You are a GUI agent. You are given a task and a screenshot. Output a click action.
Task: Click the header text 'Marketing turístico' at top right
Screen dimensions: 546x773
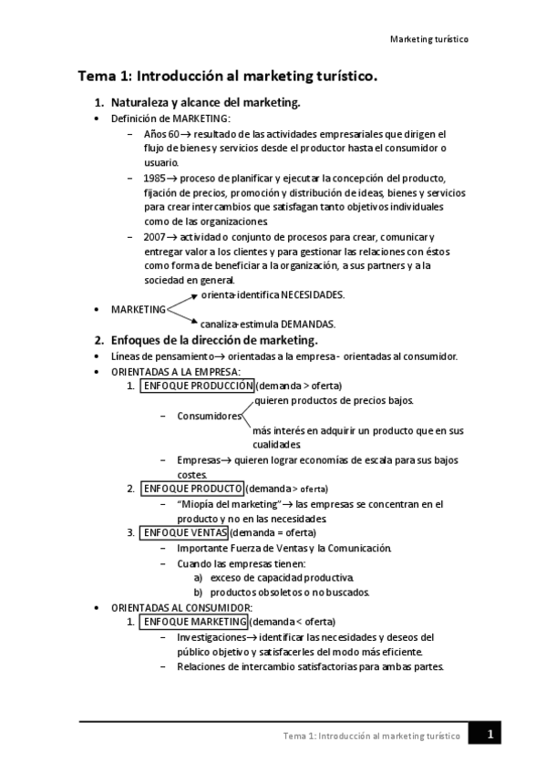428,41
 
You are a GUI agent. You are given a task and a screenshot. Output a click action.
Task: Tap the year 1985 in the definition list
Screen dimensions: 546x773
154,179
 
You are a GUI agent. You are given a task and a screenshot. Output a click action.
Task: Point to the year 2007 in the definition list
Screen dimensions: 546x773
154,236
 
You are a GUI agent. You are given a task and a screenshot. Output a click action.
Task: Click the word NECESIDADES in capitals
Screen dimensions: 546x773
313,295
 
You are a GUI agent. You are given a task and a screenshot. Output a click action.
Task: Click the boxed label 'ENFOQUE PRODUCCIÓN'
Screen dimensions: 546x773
196,386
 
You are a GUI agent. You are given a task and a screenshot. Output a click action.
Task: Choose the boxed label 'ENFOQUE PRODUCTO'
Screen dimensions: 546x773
191,489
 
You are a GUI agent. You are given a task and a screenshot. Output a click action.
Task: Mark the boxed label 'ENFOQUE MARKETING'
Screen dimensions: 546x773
195,622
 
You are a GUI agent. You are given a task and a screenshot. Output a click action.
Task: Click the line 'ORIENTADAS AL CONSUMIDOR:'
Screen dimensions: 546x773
181,607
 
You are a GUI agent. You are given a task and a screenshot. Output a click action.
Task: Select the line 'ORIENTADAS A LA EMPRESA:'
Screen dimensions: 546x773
176,372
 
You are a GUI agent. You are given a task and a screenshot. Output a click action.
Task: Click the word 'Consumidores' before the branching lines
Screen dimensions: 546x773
210,417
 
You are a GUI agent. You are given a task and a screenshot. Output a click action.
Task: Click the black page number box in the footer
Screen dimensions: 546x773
489,733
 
